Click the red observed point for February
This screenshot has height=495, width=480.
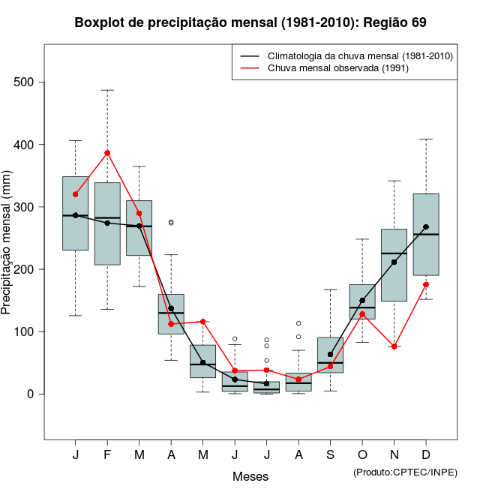click(x=107, y=153)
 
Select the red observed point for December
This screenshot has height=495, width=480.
click(x=426, y=284)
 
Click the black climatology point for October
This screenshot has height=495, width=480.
click(x=362, y=301)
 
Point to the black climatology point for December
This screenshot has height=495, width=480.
click(x=426, y=226)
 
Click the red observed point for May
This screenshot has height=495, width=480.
click(x=203, y=322)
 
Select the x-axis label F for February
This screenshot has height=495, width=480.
click(x=107, y=455)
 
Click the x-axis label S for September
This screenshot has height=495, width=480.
click(x=331, y=455)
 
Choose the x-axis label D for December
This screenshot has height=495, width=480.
click(x=426, y=455)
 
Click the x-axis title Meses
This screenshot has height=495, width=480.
click(x=250, y=476)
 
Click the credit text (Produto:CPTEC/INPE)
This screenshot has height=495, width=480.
click(x=405, y=472)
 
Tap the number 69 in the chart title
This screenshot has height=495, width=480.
click(x=418, y=22)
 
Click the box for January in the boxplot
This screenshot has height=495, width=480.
click(x=75, y=214)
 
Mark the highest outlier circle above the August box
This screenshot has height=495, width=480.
click(x=298, y=323)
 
